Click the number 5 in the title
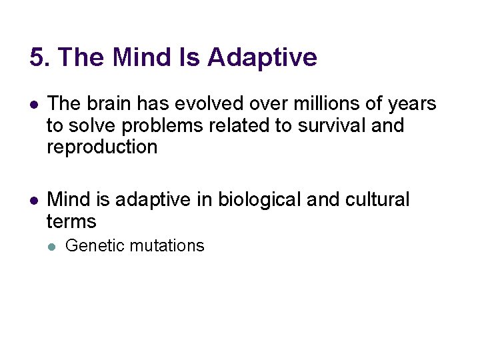37,57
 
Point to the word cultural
375,199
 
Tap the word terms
71,221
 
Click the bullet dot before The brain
33,105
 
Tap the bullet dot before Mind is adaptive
33,200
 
